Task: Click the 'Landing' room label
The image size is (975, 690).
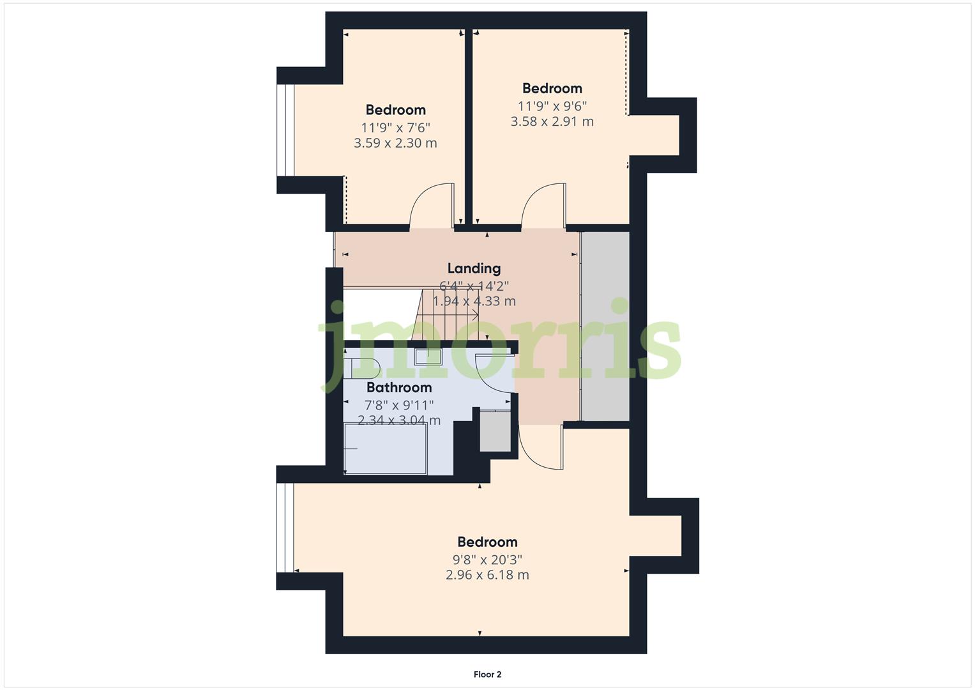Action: [474, 268]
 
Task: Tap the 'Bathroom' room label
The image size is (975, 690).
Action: [399, 387]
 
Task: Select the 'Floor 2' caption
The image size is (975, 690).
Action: [487, 674]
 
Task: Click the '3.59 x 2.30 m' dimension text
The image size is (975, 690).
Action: [395, 143]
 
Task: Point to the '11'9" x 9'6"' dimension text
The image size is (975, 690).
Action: [552, 105]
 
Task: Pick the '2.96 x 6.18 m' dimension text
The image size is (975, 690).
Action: [487, 575]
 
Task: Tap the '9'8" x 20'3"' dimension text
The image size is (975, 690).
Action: [487, 560]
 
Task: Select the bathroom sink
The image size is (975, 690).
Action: [428, 356]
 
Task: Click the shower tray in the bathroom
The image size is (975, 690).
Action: [386, 449]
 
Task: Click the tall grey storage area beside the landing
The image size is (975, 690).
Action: [605, 326]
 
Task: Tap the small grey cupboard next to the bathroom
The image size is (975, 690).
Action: [495, 432]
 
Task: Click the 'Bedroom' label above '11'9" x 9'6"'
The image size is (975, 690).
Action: [552, 88]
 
